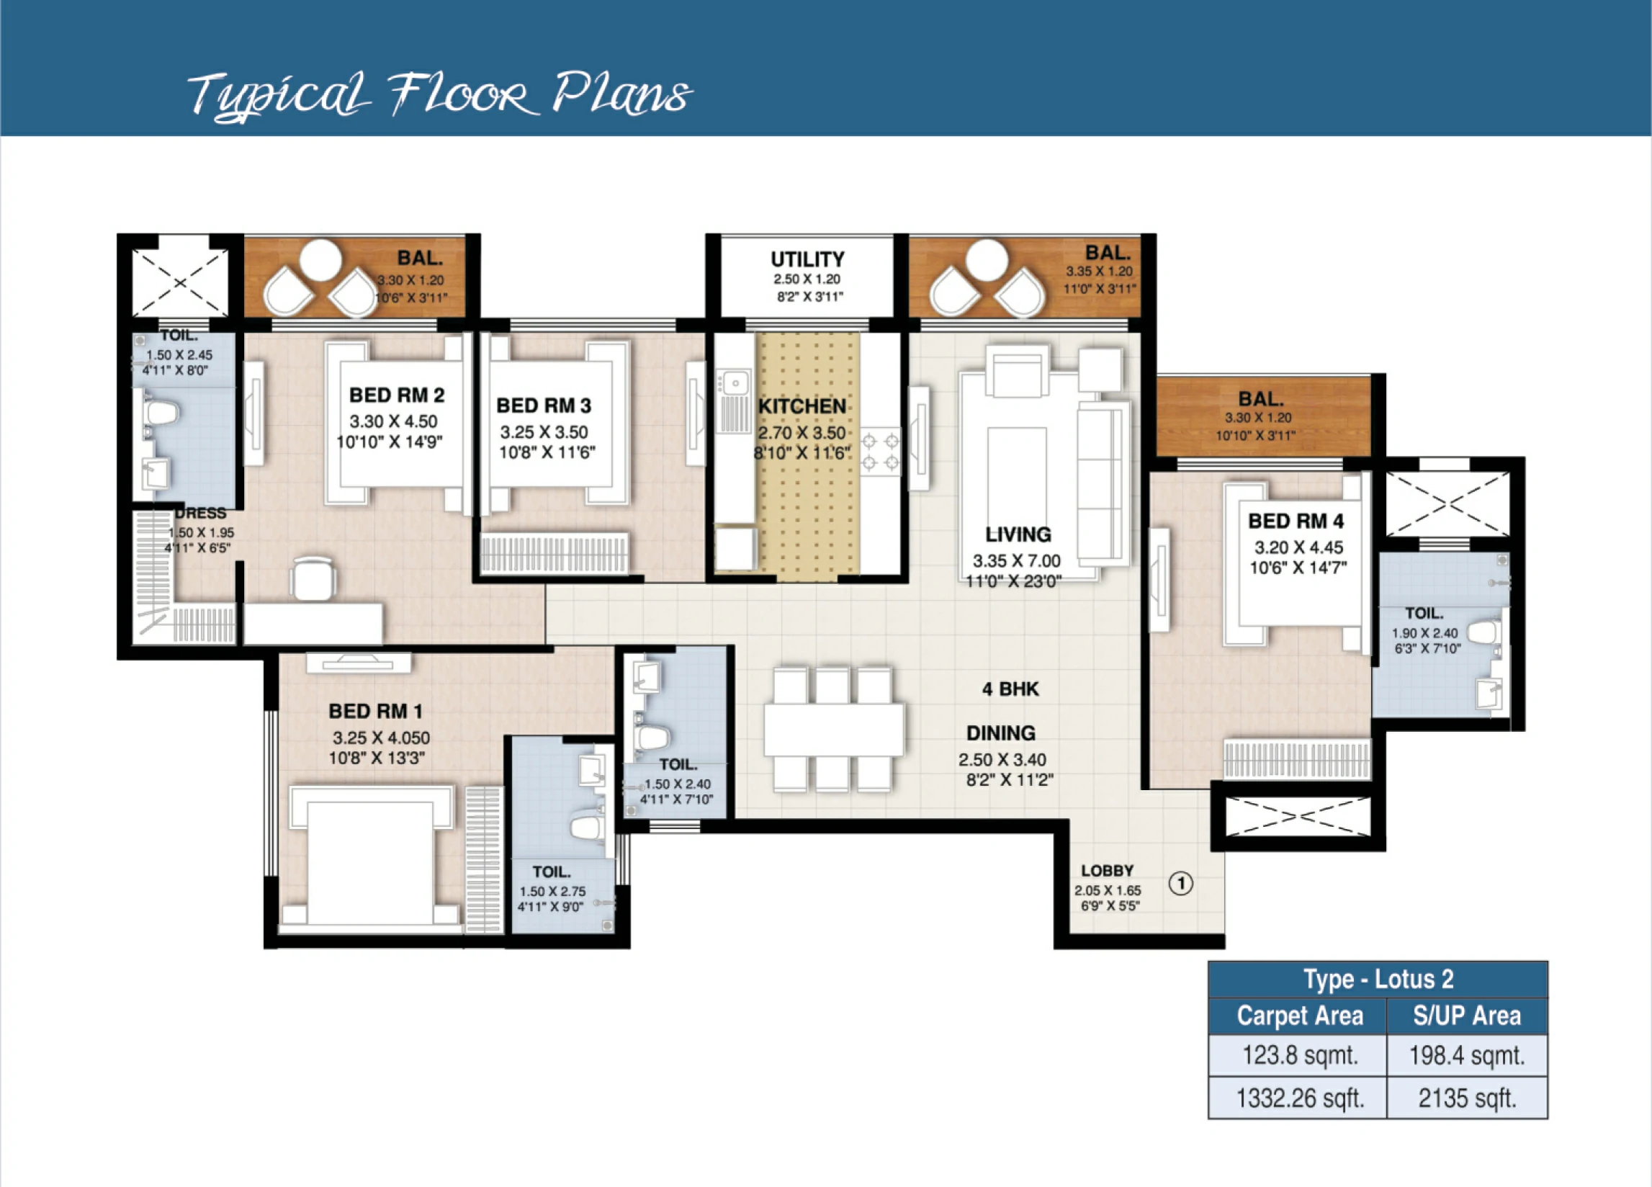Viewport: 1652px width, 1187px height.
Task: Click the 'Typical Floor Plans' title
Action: pyautogui.click(x=439, y=95)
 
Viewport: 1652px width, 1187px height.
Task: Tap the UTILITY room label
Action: pyautogui.click(x=807, y=259)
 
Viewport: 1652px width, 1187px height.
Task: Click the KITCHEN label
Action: pyautogui.click(x=802, y=407)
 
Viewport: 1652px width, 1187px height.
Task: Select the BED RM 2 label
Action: pyautogui.click(x=396, y=395)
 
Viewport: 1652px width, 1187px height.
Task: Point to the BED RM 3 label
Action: pyautogui.click(x=544, y=406)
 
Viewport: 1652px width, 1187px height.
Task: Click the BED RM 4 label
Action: pyautogui.click(x=1295, y=521)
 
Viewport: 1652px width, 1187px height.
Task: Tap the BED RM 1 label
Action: pyautogui.click(x=375, y=711)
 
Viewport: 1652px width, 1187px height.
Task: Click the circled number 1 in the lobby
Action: pyautogui.click(x=1181, y=884)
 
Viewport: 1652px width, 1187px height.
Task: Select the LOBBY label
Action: pyautogui.click(x=1106, y=871)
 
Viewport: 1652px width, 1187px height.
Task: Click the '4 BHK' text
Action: pyautogui.click(x=1010, y=689)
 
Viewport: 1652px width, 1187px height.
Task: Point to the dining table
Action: pyautogui.click(x=833, y=730)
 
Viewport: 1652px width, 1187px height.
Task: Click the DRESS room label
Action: pyautogui.click(x=200, y=514)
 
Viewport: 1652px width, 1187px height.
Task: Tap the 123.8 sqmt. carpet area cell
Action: pyautogui.click(x=1299, y=1055)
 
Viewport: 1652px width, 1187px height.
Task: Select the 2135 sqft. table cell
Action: pyautogui.click(x=1466, y=1098)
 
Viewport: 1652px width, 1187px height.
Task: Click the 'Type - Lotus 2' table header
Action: pyautogui.click(x=1378, y=980)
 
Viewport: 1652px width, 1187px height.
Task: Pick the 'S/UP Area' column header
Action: pyautogui.click(x=1466, y=1016)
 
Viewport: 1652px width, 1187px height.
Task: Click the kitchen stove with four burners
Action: pyautogui.click(x=880, y=452)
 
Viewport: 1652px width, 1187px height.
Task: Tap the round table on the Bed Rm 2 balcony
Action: pyautogui.click(x=320, y=260)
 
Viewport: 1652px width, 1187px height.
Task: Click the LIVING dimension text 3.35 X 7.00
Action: pyautogui.click(x=1016, y=561)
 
